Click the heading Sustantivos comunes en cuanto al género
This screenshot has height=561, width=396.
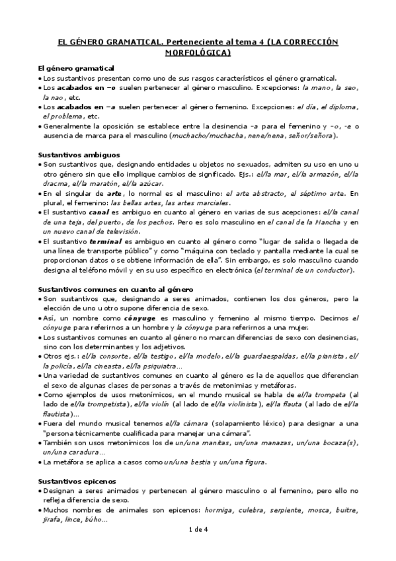tap(106, 290)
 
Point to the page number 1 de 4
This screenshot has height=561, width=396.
tap(198, 548)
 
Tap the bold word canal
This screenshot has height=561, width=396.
tap(99, 213)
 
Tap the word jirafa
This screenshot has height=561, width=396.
tap(52, 521)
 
